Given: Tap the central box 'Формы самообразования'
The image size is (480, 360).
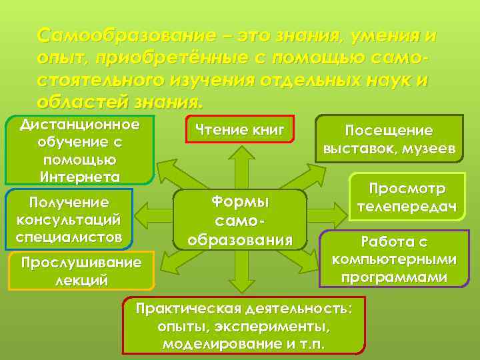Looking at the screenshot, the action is (x=240, y=220).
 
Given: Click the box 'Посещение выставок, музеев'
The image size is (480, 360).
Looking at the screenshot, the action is (x=388, y=139).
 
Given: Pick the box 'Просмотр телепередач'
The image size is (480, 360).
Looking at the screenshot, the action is (x=408, y=198).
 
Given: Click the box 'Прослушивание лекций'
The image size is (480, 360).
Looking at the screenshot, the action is (x=81, y=270).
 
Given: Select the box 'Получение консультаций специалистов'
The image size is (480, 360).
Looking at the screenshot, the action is (x=70, y=218).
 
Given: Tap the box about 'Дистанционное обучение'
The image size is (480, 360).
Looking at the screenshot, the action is (x=79, y=151).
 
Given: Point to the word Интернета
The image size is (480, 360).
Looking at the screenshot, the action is (x=80, y=177).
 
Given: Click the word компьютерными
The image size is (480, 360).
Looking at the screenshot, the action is (x=394, y=259).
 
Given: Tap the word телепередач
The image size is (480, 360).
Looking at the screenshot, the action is (x=408, y=207).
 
